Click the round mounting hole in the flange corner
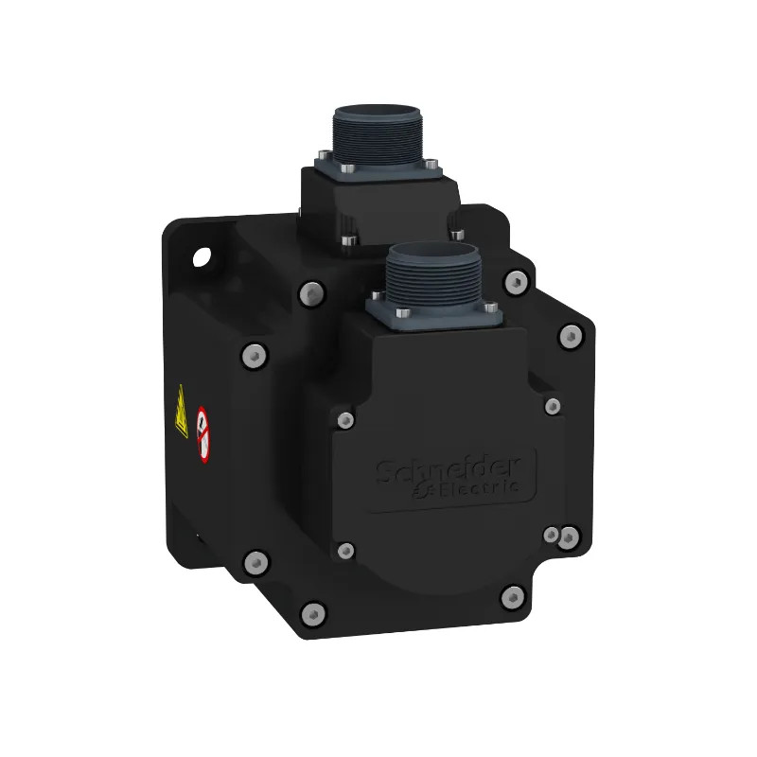coord(202,255)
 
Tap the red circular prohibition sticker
coord(202,434)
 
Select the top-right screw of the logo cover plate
coord(553,405)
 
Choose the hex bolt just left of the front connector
coord(308,294)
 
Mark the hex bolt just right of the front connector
coord(515,280)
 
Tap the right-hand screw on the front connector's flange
coord(482,310)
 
